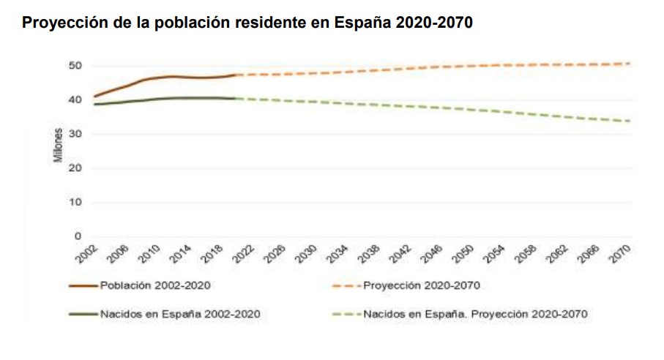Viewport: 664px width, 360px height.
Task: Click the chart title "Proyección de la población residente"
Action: click(x=247, y=23)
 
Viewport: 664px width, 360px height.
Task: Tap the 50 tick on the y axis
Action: click(x=76, y=66)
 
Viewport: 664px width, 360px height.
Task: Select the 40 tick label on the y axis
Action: click(x=76, y=100)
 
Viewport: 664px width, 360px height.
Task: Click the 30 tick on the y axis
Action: click(x=76, y=134)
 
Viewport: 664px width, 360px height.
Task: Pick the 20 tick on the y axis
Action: click(x=76, y=168)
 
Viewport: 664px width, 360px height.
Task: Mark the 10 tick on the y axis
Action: click(x=76, y=202)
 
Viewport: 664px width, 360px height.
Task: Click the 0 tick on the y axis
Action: click(x=78, y=236)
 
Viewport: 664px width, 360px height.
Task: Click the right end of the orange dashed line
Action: click(x=630, y=64)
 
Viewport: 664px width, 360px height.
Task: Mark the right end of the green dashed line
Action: click(x=630, y=121)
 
